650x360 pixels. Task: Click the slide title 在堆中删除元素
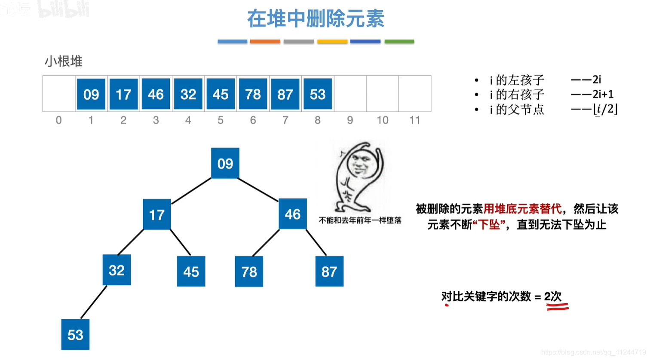[316, 19]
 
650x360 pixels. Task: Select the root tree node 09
[225, 163]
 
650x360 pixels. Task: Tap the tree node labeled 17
[156, 214]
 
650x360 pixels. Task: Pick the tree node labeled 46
[292, 214]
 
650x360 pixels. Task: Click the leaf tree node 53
[75, 335]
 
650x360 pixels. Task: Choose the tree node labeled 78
[249, 272]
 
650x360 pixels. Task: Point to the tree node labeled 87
[329, 272]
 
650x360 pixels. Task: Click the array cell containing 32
[188, 94]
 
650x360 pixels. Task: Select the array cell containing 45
[221, 94]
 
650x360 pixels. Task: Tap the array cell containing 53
[318, 94]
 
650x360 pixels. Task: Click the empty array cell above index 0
[59, 94]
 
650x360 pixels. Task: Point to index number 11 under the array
[414, 120]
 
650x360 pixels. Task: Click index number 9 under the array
[350, 120]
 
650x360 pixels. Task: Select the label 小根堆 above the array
[64, 61]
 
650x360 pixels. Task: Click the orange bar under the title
[265, 42]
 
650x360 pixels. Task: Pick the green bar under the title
[399, 42]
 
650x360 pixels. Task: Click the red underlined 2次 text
[553, 297]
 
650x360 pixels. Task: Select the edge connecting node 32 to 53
[94, 302]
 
